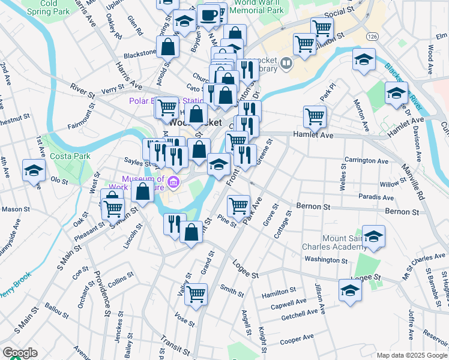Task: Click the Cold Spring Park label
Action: pos(45,7)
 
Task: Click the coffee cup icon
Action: pos(209,14)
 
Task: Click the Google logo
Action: pos(20,353)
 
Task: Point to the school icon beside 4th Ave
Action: pos(34,170)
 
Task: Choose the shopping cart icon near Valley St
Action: pos(196,294)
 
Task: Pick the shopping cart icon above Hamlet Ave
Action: pos(315,116)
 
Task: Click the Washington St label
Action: pos(326,260)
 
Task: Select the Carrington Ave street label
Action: pos(366,161)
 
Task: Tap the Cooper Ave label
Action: pos(297,340)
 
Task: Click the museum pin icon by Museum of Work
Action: pos(173,182)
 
